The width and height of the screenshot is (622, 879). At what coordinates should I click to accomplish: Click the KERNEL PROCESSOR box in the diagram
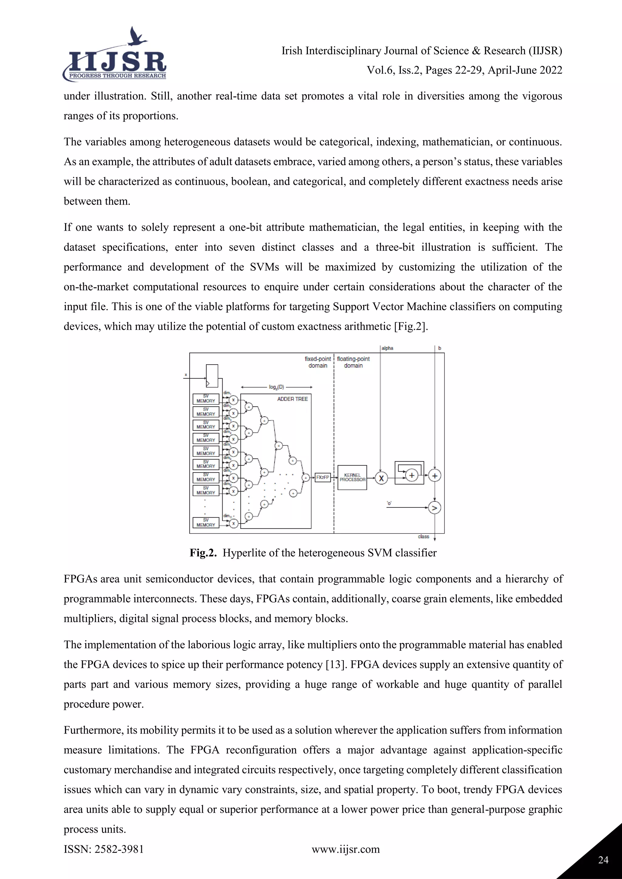click(x=352, y=477)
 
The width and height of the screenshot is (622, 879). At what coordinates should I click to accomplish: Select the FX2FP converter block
click(x=323, y=477)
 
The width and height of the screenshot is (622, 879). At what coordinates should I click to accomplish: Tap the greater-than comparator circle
click(x=434, y=508)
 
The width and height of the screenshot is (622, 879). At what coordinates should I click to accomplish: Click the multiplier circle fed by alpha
click(x=381, y=478)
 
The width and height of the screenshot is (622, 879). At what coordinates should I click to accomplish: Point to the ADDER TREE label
click(x=292, y=399)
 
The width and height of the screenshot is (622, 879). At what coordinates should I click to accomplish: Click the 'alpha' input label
click(x=387, y=348)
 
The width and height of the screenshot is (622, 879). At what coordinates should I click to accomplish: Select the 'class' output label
click(x=423, y=536)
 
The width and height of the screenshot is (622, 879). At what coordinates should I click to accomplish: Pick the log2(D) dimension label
click(x=276, y=387)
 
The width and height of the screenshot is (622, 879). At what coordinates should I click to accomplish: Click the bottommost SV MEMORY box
click(x=206, y=523)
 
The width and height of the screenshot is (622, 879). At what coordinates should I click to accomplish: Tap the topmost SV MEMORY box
click(x=206, y=399)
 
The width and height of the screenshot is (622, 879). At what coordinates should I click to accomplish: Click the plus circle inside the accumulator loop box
click(x=412, y=476)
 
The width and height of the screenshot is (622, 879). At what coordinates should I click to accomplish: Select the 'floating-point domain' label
click(x=353, y=362)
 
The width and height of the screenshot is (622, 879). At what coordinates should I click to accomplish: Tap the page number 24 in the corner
click(x=603, y=860)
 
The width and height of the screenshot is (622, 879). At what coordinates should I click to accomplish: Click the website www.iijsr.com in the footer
click(x=345, y=849)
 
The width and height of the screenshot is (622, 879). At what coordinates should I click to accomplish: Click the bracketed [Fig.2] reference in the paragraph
click(x=411, y=327)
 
